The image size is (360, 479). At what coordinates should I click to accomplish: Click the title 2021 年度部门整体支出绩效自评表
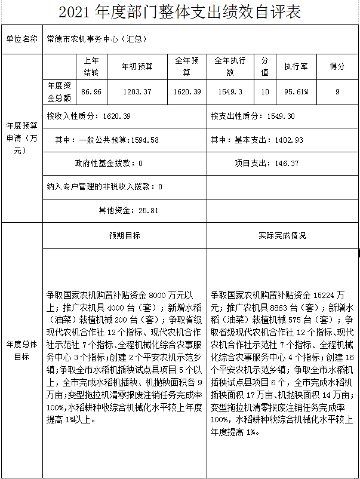pos(180,13)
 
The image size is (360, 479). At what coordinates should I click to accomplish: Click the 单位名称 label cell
pos(21,39)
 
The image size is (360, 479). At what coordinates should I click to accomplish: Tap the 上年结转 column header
pos(91,66)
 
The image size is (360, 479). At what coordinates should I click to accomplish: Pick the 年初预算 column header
pos(137,66)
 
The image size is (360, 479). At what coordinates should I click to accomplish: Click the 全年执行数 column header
pos(230,66)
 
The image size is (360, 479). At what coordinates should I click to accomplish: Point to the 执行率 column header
pos(296,66)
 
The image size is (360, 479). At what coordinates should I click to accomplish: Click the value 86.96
pos(91,91)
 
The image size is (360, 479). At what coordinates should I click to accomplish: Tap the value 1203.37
pos(137,91)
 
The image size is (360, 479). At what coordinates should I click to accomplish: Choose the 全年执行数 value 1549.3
pos(230,91)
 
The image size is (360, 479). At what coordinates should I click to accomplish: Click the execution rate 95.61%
pos(296,91)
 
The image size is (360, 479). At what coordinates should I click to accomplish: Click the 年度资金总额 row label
pos(59,91)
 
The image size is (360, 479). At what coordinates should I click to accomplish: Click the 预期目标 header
pos(124,235)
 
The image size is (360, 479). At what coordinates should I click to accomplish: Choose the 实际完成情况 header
pos(282,235)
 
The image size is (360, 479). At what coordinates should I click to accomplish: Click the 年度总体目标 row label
pos(21,351)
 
